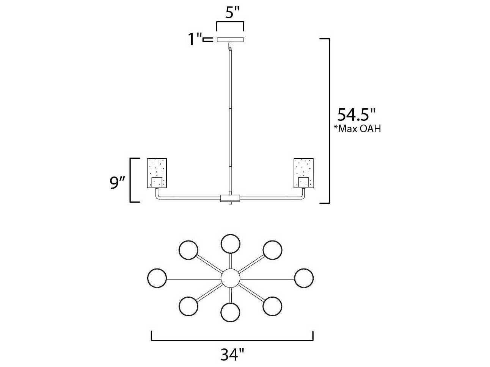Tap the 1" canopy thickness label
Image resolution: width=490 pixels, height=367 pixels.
pyautogui.click(x=195, y=39)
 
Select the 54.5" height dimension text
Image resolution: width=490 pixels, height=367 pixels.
pyautogui.click(x=356, y=114)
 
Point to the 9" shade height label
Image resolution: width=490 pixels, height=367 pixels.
pyautogui.click(x=117, y=183)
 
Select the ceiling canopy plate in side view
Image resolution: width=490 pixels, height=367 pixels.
pyautogui.click(x=230, y=39)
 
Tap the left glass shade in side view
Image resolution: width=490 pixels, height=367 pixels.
pyautogui.click(x=157, y=173)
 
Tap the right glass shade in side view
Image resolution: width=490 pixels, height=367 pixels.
pyautogui.click(x=303, y=173)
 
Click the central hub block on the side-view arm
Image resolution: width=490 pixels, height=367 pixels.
pyautogui.click(x=230, y=198)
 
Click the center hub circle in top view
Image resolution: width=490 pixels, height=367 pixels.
pyautogui.click(x=230, y=278)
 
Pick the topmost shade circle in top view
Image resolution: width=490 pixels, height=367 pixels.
pyautogui.click(x=230, y=244)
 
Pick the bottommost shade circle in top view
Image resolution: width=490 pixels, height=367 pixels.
pyautogui.click(x=230, y=312)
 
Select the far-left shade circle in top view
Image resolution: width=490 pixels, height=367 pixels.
pyautogui.click(x=157, y=278)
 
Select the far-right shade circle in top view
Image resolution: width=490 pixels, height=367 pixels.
pyautogui.click(x=304, y=278)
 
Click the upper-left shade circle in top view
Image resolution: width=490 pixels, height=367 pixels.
pyautogui.click(x=188, y=250)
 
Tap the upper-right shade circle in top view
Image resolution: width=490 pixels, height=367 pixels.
pyautogui.click(x=272, y=250)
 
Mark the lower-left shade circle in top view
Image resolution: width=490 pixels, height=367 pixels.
pyautogui.click(x=188, y=306)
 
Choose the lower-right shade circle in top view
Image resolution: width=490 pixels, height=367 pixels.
pyautogui.click(x=272, y=306)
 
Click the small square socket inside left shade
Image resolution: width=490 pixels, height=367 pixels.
pyautogui.click(x=157, y=182)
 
